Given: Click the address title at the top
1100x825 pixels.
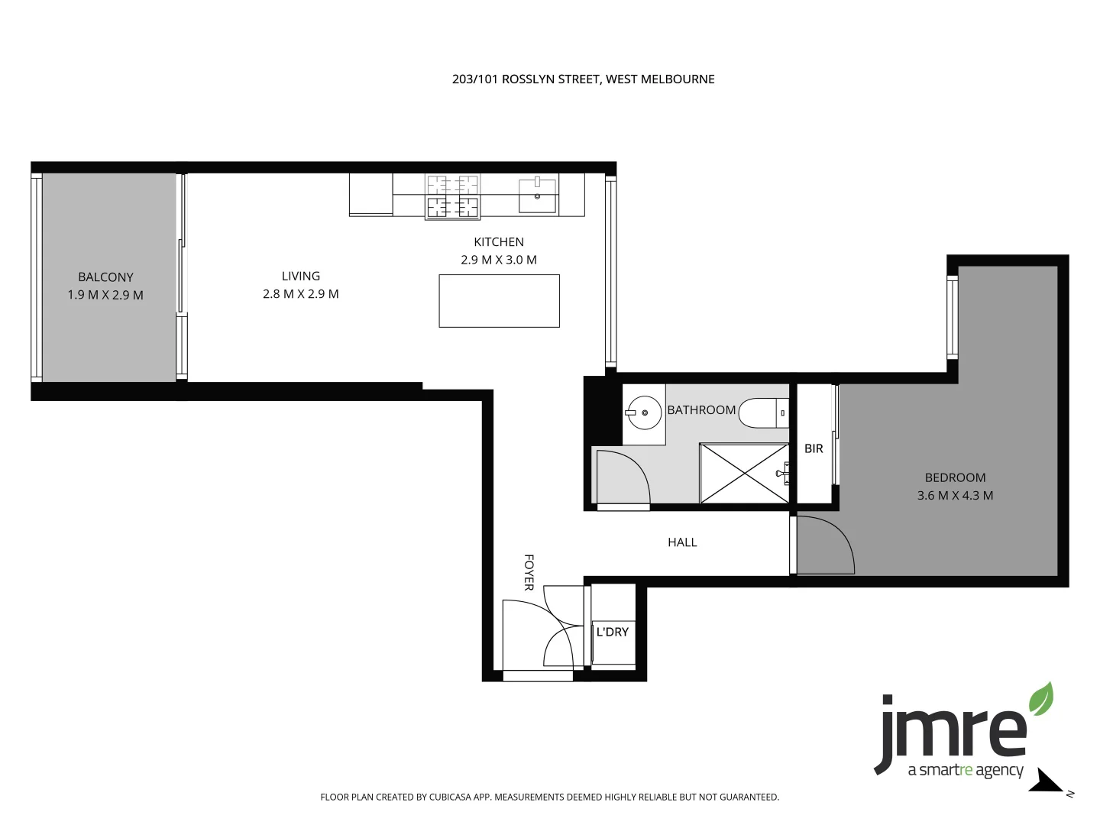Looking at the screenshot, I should pos(583,79).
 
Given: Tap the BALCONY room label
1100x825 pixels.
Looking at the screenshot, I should pos(105,277).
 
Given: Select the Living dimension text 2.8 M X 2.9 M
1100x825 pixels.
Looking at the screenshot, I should pos(300,294).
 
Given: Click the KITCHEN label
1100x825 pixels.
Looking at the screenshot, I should pos(498,242).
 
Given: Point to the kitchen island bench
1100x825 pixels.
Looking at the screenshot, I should pos(499,301).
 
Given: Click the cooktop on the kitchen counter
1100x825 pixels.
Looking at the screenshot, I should pos(452,196).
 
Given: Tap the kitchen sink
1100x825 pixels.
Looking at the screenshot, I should pos(537,195).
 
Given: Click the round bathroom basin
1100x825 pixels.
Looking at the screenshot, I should pos(644,413).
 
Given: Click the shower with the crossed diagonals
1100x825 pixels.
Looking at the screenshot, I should pos(744,474).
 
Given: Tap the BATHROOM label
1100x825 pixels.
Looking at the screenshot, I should pos(701,410).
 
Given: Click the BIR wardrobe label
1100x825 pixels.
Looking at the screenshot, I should pos(814,448).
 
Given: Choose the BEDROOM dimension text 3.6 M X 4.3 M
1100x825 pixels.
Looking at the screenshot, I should pos(955,495).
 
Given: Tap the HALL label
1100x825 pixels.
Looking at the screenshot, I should pos(682,542).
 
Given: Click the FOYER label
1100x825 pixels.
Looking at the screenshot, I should pos(529,572).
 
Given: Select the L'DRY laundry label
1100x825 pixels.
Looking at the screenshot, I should pos(612,632).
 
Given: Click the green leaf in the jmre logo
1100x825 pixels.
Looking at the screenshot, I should pos(1040,699).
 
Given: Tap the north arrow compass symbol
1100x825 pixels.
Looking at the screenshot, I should pos(1047,782).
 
